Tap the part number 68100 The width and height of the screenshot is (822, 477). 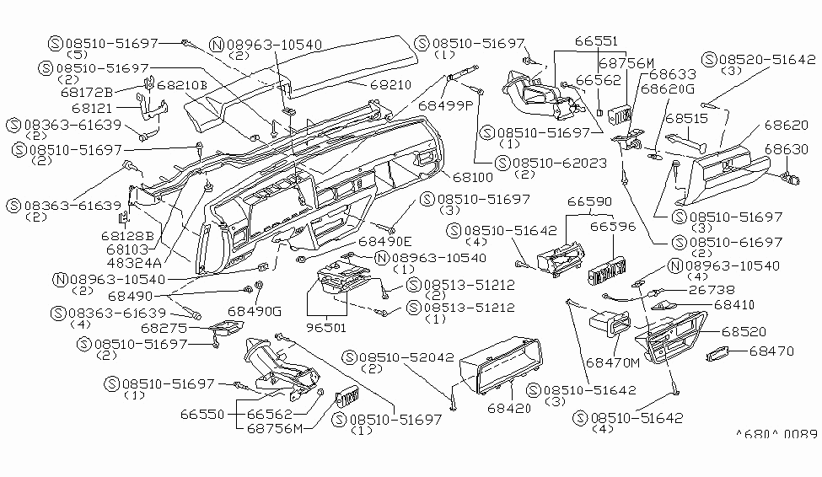[x=474, y=179]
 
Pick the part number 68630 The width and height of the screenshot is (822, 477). [x=787, y=149]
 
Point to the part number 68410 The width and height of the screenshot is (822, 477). [x=733, y=304]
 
